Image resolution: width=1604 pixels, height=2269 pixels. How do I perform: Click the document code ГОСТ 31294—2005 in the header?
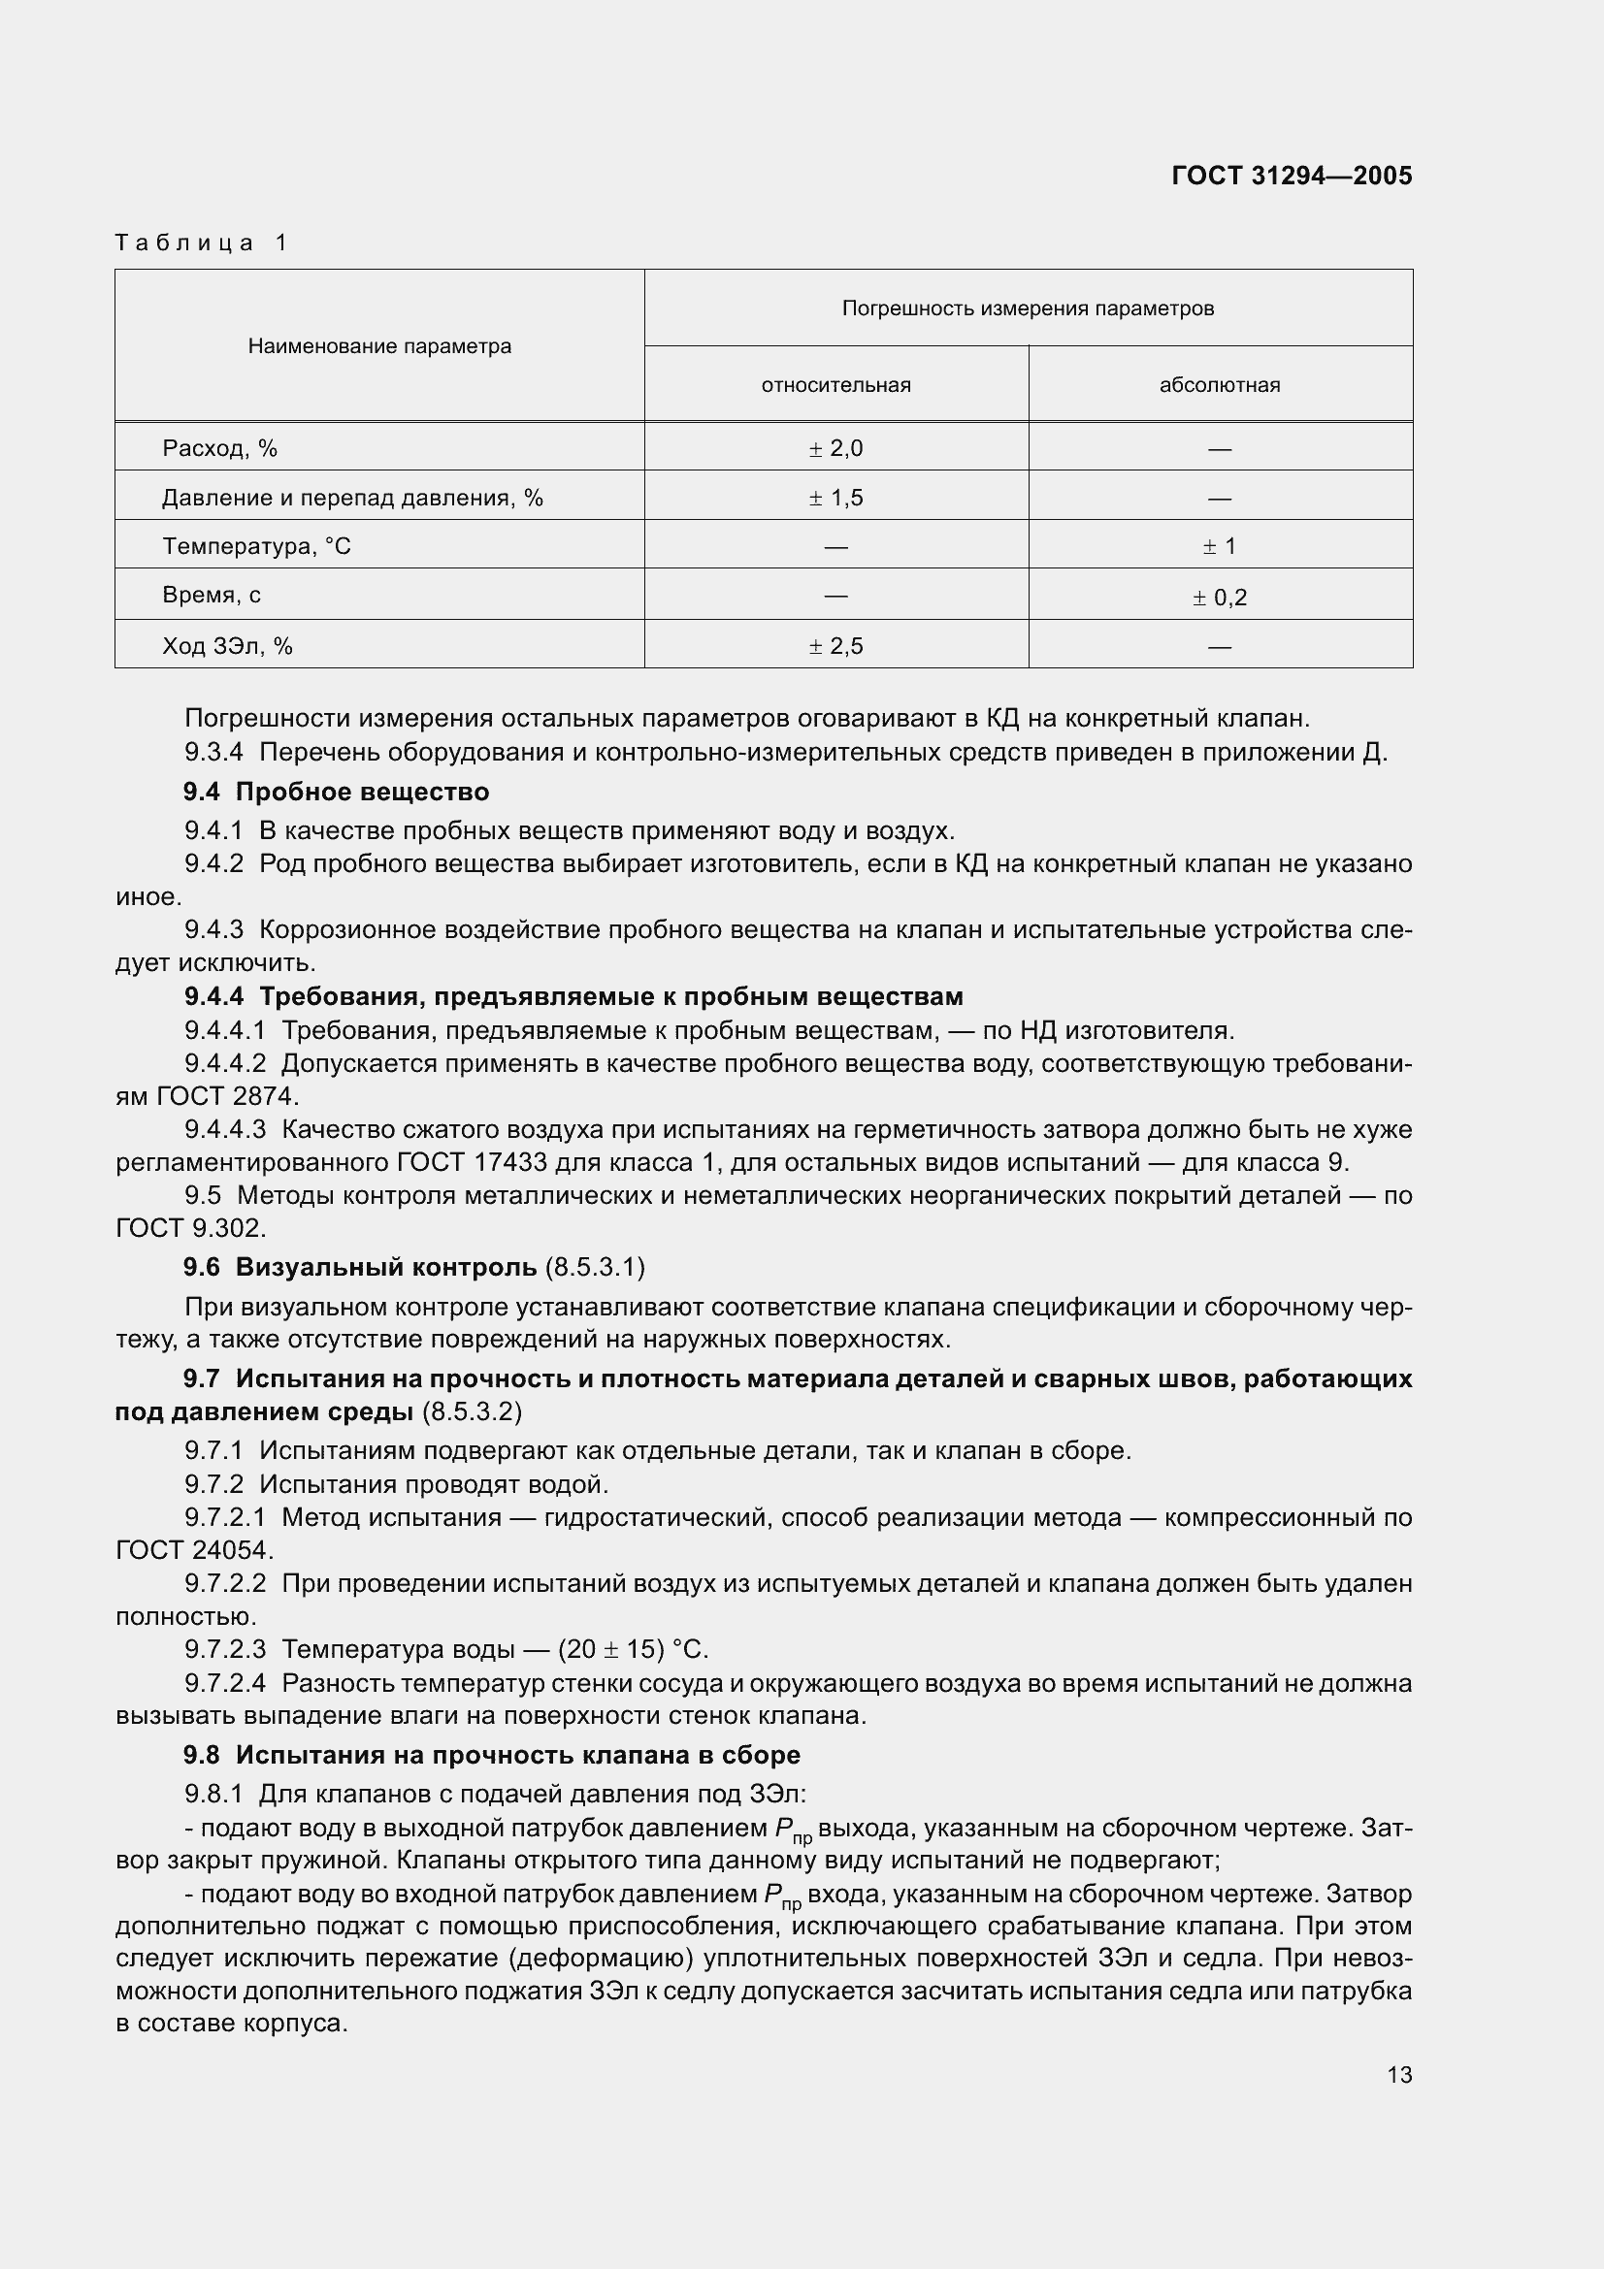click(1291, 176)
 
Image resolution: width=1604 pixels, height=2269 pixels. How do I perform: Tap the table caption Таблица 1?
click(201, 243)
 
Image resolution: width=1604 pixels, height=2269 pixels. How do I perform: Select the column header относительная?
click(835, 385)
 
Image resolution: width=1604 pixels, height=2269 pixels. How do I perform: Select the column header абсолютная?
click(1220, 385)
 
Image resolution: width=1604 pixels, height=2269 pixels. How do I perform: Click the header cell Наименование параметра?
click(379, 346)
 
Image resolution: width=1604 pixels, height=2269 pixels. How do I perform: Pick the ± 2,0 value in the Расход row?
click(835, 449)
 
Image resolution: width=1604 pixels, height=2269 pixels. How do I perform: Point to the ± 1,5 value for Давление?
click(835, 497)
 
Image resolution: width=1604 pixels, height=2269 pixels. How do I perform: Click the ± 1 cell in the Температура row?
click(1220, 546)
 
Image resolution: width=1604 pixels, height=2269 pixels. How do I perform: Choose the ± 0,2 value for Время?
click(1220, 597)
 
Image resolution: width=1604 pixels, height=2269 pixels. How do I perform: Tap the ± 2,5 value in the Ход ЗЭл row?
click(835, 646)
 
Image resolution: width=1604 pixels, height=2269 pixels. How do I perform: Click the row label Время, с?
click(212, 595)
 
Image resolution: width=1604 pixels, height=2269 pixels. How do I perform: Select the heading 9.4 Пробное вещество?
click(336, 792)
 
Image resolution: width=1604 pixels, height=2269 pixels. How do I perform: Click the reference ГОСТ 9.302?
click(190, 1228)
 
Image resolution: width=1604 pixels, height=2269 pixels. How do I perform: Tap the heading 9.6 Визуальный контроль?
click(360, 1267)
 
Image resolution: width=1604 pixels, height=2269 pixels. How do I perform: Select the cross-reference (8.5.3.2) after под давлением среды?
click(472, 1412)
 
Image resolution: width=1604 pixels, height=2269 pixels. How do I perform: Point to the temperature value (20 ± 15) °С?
click(634, 1649)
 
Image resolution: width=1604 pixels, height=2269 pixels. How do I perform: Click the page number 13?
click(1398, 2075)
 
